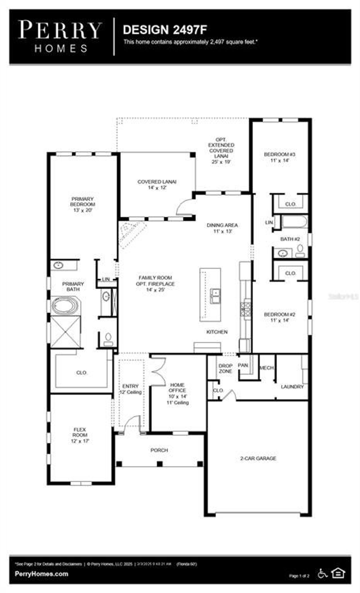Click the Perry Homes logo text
pyautogui.click(x=60, y=36)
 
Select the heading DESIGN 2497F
pyautogui.click(x=165, y=30)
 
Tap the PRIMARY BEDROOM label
pyautogui.click(x=82, y=204)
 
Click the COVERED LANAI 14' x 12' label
pyautogui.click(x=157, y=185)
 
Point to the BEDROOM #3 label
pyautogui.click(x=279, y=157)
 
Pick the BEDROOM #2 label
pyautogui.click(x=279, y=317)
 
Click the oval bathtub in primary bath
pyautogui.click(x=66, y=306)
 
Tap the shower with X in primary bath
pyautogui.click(x=66, y=332)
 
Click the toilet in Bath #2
pyautogui.click(x=300, y=250)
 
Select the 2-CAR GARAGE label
pyautogui.click(x=258, y=458)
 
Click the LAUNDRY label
pyautogui.click(x=292, y=387)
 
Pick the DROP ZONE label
pyautogui.click(x=225, y=368)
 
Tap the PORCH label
pyautogui.click(x=159, y=450)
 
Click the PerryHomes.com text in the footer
pyautogui.click(x=41, y=574)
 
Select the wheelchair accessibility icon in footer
pyautogui.click(x=323, y=573)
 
